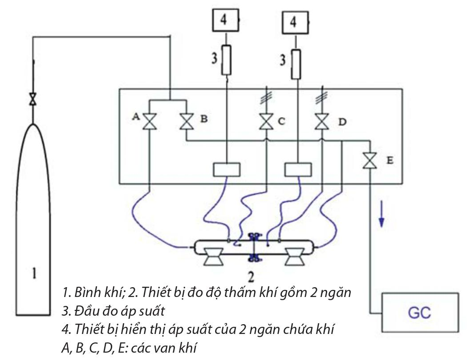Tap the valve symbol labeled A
(148, 121)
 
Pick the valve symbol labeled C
(266, 121)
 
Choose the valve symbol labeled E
(369, 160)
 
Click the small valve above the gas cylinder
(32, 99)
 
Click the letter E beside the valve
(390, 160)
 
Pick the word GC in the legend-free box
(419, 312)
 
